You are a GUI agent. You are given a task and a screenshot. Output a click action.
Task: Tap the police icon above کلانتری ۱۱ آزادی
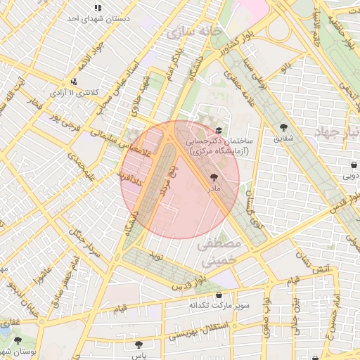pos(74,81)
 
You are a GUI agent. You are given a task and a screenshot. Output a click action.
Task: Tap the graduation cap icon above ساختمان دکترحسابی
pos(219,130)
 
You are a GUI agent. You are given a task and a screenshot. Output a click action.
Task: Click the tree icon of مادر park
pos(214,179)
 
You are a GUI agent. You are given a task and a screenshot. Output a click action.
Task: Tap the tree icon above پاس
pos(139,345)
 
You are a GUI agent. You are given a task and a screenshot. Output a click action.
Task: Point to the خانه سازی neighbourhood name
pos(191,32)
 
